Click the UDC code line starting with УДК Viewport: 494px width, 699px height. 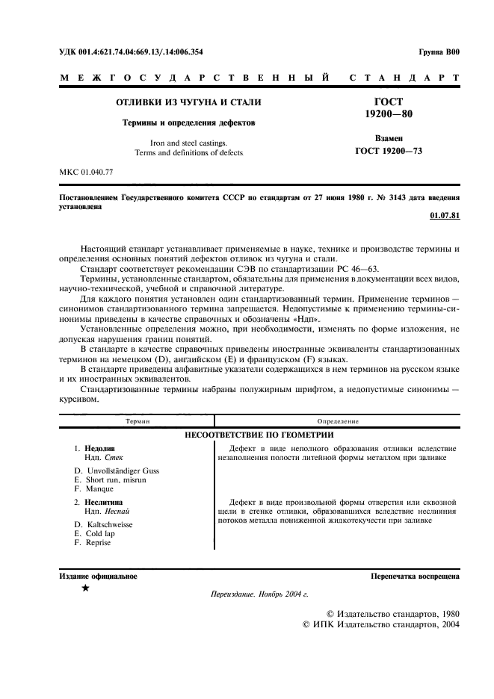[x=131, y=52]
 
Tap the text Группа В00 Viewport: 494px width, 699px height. [x=440, y=52]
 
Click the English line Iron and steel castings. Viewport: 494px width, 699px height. [x=188, y=142]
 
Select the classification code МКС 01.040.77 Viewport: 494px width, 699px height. [x=86, y=173]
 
